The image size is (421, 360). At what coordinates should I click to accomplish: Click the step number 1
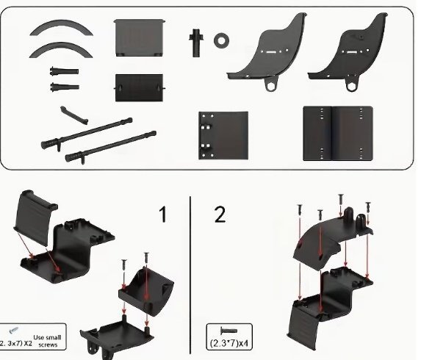pos(162,215)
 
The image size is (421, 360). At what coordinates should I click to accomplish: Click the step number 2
pos(220,215)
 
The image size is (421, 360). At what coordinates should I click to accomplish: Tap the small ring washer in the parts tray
pos(221,40)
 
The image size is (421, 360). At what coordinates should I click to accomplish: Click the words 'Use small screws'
pos(48,341)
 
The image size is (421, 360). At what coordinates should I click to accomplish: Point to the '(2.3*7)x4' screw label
pos(229,343)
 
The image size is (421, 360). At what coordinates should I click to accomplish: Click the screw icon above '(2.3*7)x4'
pos(229,331)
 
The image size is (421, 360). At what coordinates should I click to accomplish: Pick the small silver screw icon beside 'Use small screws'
pos(14,330)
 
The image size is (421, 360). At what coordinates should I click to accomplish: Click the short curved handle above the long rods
pos(73,115)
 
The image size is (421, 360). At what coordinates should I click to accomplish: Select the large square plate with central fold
pos(338,134)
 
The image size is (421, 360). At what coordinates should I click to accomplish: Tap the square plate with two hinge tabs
pos(223,136)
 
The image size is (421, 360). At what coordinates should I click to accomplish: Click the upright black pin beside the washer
pos(196,43)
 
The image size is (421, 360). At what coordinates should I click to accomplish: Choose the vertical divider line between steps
pos(190,276)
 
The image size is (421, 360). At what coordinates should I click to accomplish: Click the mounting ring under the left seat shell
pos(270,85)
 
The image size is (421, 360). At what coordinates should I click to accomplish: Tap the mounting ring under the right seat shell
pos(352,84)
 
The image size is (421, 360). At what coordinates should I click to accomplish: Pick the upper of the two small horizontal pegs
pos(64,72)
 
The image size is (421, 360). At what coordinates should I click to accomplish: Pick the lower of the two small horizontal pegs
pos(65,87)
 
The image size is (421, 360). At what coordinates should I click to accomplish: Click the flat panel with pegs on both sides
pos(139,87)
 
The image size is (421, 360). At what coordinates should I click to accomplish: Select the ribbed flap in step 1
pos(35,217)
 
